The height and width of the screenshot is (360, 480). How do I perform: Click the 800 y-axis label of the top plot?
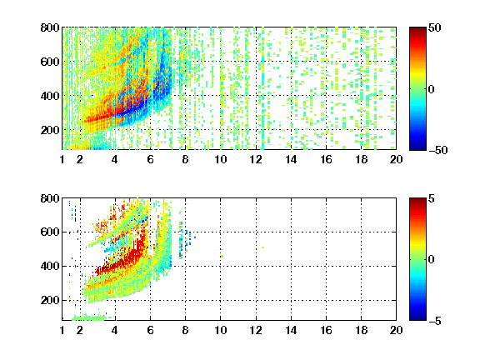(x=50, y=27)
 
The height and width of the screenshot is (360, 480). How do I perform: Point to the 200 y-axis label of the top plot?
(x=50, y=130)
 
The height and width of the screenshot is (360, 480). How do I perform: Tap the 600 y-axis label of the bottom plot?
(x=50, y=232)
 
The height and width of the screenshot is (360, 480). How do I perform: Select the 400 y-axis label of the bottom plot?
(x=50, y=266)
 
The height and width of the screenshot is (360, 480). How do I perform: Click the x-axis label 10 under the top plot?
(x=220, y=159)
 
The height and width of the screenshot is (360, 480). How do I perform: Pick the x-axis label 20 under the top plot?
(x=396, y=159)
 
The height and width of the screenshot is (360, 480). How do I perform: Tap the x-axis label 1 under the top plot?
(x=62, y=159)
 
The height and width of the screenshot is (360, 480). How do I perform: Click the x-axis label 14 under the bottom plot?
(x=291, y=330)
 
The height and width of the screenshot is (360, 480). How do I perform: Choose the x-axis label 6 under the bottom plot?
(x=150, y=330)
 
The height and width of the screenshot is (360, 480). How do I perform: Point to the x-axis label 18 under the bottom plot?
(x=361, y=330)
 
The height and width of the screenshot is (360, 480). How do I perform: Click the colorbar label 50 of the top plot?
(x=434, y=27)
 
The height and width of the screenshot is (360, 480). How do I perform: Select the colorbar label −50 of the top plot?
(x=437, y=150)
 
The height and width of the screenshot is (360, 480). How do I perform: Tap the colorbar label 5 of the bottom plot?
(x=432, y=198)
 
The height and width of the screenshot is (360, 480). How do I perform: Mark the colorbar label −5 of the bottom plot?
(x=435, y=321)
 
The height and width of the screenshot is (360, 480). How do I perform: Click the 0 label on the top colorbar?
(x=432, y=89)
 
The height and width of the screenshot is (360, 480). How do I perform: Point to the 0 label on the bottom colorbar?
(x=432, y=260)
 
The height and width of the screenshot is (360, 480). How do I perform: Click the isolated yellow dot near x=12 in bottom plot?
(x=263, y=247)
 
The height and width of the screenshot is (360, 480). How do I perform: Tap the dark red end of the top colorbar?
(x=417, y=29)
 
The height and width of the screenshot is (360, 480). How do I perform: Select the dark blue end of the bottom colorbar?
(x=417, y=318)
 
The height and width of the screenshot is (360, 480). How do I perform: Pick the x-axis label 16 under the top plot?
(x=326, y=159)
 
